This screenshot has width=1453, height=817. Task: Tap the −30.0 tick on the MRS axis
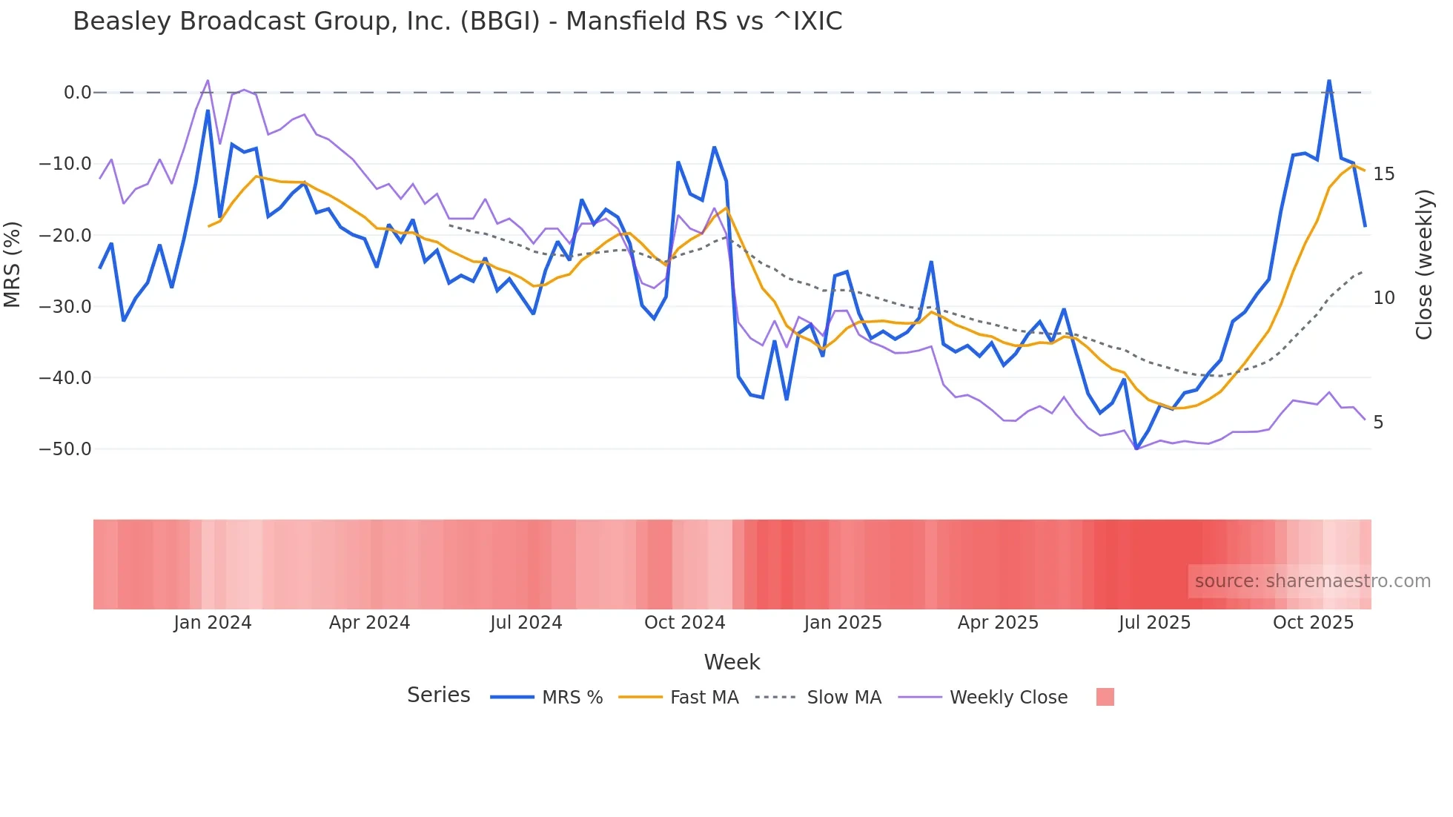click(x=65, y=306)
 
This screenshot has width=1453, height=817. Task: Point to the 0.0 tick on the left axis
click(x=77, y=93)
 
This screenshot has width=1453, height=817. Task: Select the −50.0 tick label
click(x=65, y=449)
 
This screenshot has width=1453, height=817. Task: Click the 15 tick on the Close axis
click(x=1383, y=174)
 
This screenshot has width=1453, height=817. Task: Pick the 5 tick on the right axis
click(x=1378, y=423)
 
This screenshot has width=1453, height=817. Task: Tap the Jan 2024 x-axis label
click(x=213, y=623)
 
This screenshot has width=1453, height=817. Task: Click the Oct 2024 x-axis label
click(x=684, y=623)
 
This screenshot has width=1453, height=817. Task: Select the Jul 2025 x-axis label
click(x=1154, y=623)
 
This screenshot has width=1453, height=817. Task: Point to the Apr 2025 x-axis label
click(x=998, y=623)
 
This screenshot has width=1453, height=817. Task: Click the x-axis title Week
click(x=732, y=662)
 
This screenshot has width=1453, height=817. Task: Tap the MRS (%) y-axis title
click(x=13, y=265)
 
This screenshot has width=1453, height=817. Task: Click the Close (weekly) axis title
click(x=1423, y=265)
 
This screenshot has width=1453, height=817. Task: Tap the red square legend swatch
click(x=1105, y=697)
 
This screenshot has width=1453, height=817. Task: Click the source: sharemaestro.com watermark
click(x=1312, y=581)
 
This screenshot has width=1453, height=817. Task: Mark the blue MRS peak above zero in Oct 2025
click(x=1329, y=81)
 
